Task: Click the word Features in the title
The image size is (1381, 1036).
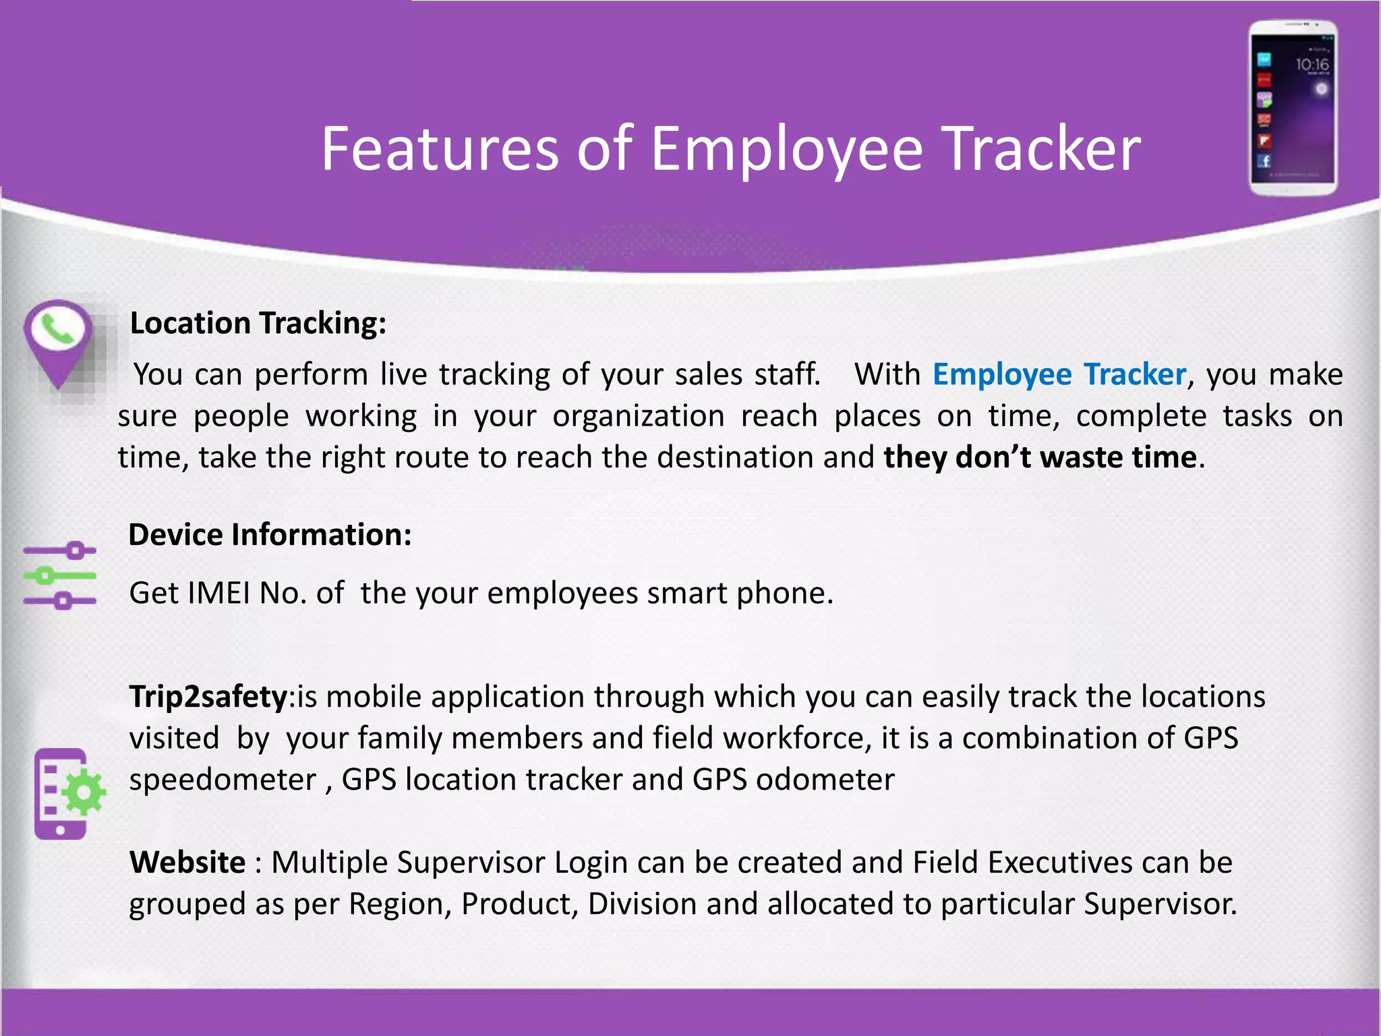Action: tap(438, 149)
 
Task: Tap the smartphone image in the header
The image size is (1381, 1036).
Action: tap(1293, 108)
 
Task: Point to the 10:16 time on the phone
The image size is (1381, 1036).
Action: tap(1312, 65)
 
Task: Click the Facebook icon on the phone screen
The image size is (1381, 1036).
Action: tap(1264, 161)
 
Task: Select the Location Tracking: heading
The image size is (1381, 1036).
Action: tap(258, 323)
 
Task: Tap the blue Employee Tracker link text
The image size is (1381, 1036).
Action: tap(1059, 374)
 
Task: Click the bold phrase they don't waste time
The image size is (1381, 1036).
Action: tap(1040, 457)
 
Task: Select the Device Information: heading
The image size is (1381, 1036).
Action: tap(270, 535)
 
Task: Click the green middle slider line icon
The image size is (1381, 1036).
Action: tap(59, 575)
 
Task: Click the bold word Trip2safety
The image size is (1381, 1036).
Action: tap(208, 697)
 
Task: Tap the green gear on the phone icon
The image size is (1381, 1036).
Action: tap(84, 792)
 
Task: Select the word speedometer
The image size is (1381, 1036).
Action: tap(223, 780)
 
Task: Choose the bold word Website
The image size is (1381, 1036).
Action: tap(187, 863)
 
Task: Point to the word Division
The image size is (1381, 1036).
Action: tap(641, 904)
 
